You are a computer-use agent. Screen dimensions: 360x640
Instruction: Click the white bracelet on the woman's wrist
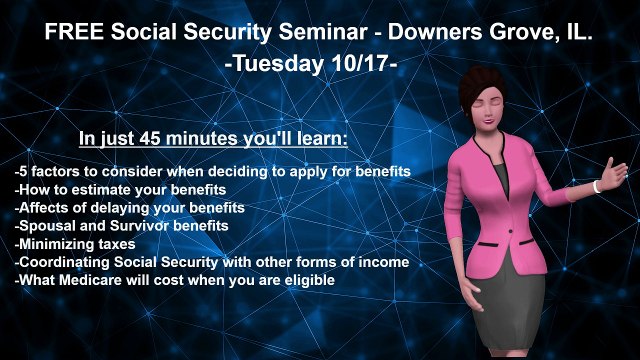click(x=597, y=186)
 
